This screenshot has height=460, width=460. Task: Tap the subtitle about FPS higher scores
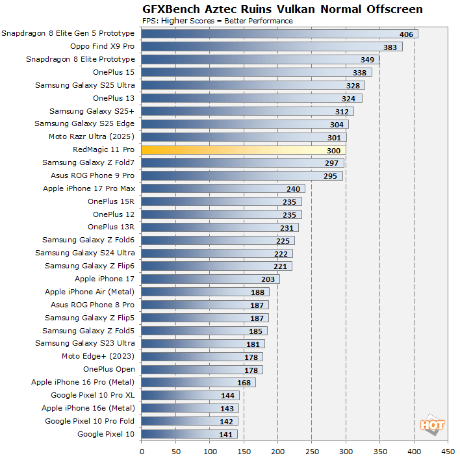[217, 21]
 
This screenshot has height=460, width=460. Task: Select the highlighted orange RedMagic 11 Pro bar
[243, 150]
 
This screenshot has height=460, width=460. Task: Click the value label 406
[407, 34]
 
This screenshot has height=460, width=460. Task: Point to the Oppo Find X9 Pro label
[102, 46]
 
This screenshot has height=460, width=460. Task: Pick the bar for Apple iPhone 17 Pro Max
[223, 188]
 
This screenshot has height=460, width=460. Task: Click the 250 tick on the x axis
[312, 449]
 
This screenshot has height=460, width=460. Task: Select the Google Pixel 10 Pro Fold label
[90, 421]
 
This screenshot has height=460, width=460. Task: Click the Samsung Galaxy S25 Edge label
[84, 123]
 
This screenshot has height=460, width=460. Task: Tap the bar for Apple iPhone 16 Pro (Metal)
[198, 382]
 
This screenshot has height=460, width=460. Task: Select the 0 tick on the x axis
[142, 449]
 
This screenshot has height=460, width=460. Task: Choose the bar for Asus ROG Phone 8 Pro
[205, 305]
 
